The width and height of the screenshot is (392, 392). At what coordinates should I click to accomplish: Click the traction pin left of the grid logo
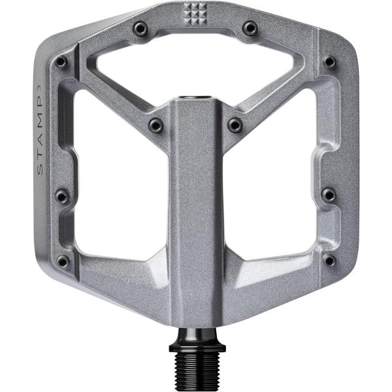pos(140,28)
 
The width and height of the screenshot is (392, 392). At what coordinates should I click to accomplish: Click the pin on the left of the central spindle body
pos(155,124)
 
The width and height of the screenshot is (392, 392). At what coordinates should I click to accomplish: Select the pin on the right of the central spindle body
pos(235,124)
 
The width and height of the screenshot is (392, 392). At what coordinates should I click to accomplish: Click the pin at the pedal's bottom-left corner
pos(62,261)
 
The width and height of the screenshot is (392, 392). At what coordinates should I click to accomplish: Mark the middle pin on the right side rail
pos(329,195)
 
